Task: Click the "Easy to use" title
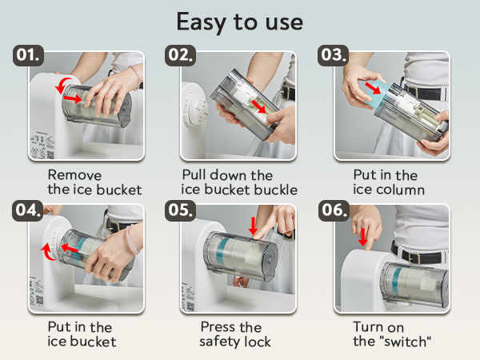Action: (x=240, y=22)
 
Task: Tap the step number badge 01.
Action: (x=28, y=55)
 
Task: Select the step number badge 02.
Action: (x=180, y=55)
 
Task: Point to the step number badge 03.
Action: (x=333, y=55)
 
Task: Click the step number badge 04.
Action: (x=28, y=210)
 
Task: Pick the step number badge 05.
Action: (x=180, y=210)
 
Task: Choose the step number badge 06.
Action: (x=334, y=210)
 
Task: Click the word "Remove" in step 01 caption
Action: (x=74, y=175)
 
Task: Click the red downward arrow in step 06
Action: (x=362, y=237)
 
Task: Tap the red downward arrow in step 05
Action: (x=253, y=226)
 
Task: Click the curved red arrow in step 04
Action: (x=46, y=252)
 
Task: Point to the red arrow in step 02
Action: (x=258, y=106)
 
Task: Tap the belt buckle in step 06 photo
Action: (x=414, y=258)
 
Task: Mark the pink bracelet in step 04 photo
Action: (x=132, y=239)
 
